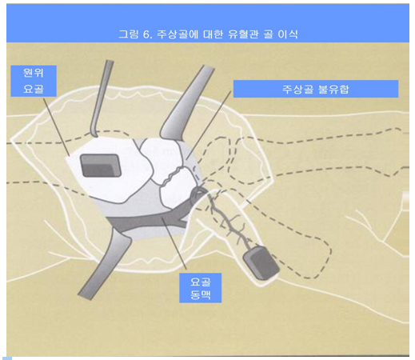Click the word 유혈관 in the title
click(x=236, y=34)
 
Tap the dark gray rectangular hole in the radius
click(x=101, y=164)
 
